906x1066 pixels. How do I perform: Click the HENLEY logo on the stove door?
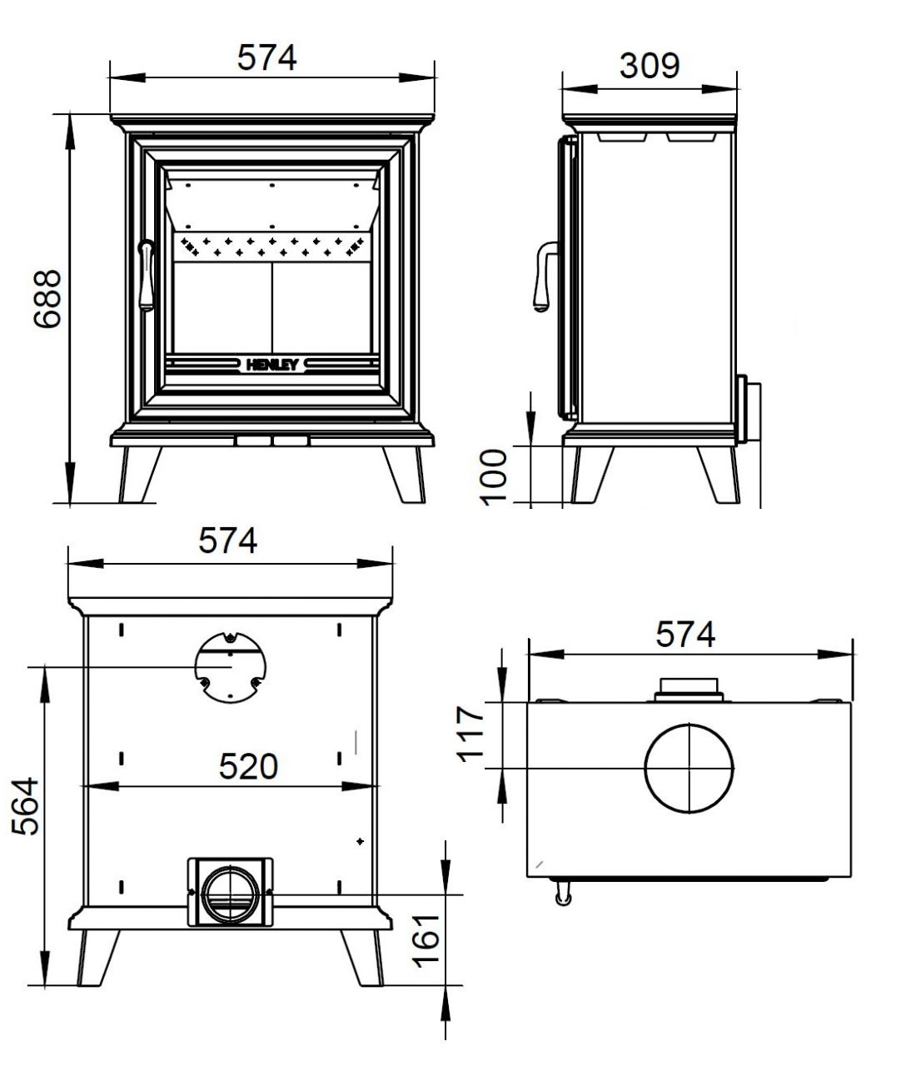[x=271, y=365]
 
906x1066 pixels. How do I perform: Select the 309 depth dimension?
[x=649, y=66]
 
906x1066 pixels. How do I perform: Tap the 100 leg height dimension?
[x=495, y=475]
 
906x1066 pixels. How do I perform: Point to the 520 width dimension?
[x=248, y=766]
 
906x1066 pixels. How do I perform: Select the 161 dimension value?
[x=427, y=939]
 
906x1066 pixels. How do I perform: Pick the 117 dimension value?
[x=471, y=733]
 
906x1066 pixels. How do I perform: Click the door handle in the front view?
[x=147, y=275]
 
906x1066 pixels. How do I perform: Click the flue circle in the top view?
[x=689, y=767]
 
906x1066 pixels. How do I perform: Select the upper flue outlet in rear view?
[x=231, y=666]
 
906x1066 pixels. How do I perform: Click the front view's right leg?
[x=404, y=475]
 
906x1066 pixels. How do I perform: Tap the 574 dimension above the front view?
[x=266, y=57]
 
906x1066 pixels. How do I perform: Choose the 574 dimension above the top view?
[x=684, y=635]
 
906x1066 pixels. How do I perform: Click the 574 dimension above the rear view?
[x=227, y=540]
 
